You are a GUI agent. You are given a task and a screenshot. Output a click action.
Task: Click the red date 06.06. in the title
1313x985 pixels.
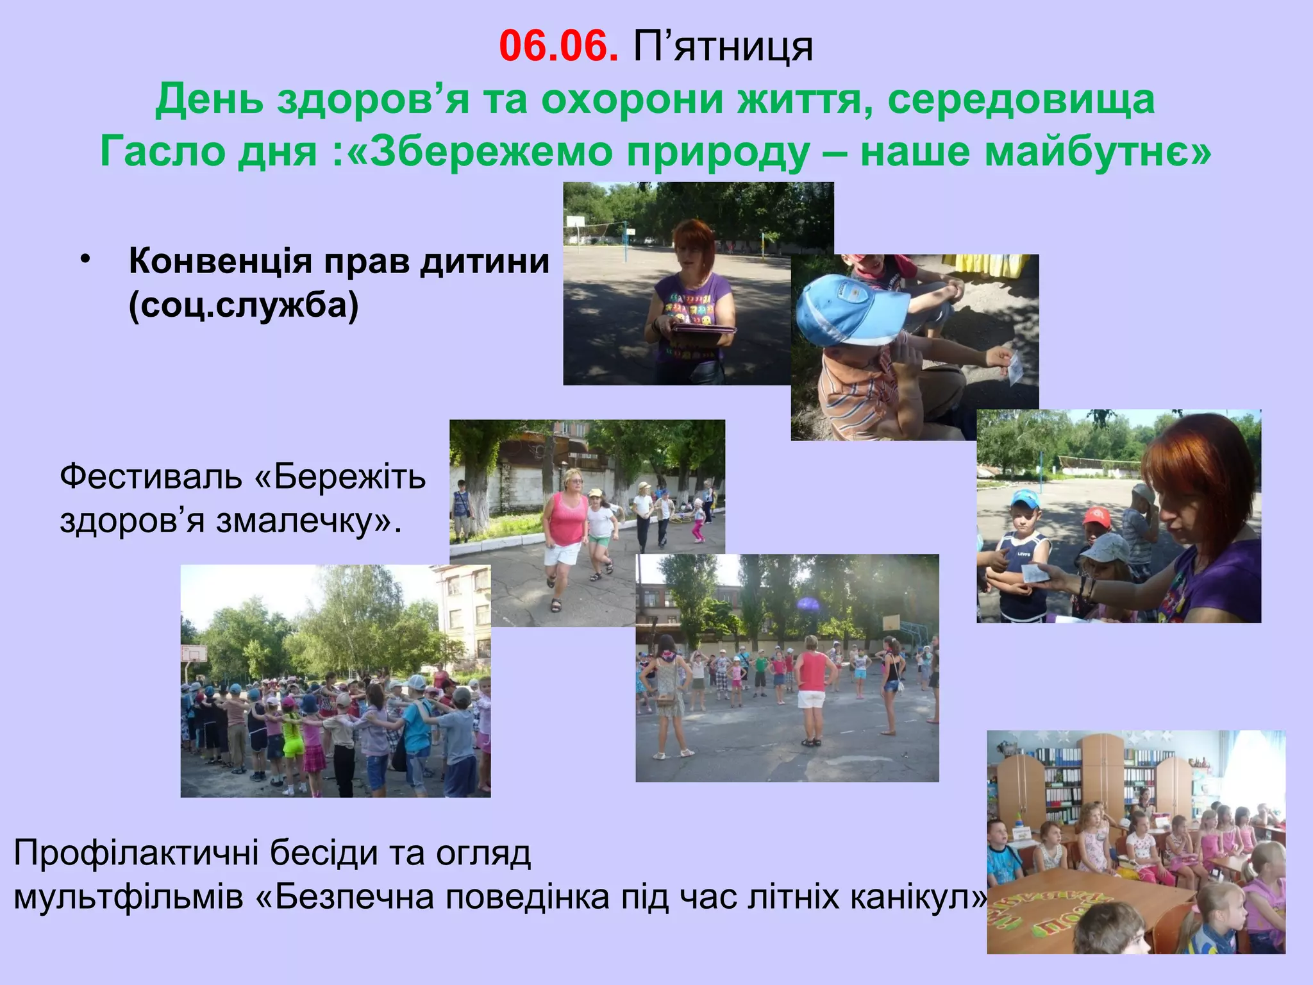[558, 46]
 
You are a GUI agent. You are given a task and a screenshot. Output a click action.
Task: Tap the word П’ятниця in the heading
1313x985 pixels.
[723, 47]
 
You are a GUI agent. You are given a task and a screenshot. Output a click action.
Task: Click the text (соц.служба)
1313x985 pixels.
[244, 306]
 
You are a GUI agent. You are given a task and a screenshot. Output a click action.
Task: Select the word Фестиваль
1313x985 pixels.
[151, 478]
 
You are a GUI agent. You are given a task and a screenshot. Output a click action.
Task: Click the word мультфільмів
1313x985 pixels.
[128, 897]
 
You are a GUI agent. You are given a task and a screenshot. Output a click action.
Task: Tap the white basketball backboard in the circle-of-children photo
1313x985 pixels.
[194, 653]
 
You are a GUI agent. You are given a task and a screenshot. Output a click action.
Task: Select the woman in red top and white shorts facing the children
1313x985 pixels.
[812, 686]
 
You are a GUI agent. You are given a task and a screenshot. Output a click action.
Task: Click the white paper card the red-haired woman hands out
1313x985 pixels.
[1033, 573]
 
